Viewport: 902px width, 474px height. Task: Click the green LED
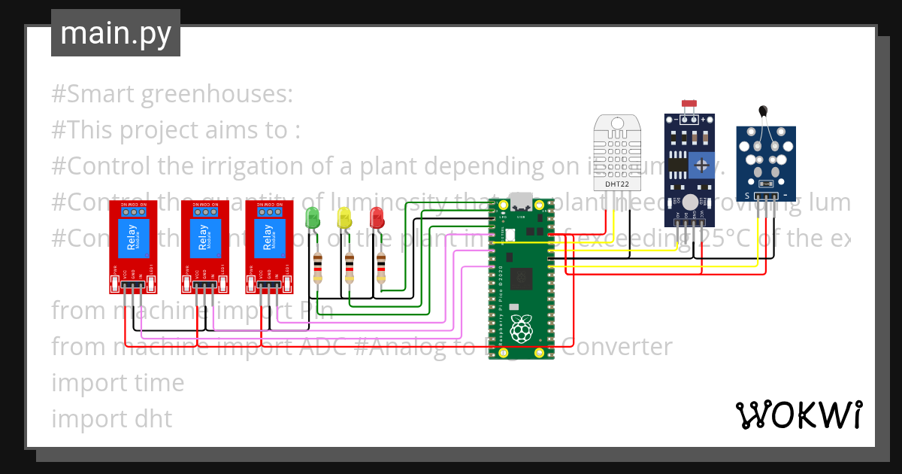click(312, 218)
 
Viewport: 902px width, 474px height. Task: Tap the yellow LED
click(344, 218)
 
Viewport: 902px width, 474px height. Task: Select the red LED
click(377, 218)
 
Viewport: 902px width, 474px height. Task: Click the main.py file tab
click(116, 33)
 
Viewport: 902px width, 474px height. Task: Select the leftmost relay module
click(133, 246)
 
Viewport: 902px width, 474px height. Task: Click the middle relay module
click(204, 246)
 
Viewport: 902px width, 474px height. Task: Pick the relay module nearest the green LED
click(269, 246)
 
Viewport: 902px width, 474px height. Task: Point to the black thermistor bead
click(764, 111)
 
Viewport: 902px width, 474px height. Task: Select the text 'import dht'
click(111, 418)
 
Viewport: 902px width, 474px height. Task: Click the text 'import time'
click(117, 383)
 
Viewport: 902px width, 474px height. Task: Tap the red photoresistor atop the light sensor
click(688, 104)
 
